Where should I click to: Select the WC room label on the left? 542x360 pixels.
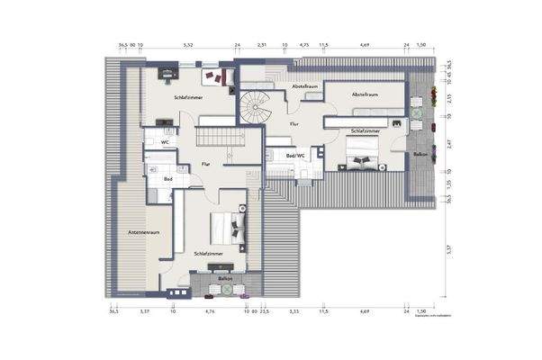(166, 142)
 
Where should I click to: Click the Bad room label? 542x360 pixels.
(168, 179)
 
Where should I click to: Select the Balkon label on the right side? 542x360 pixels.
(420, 154)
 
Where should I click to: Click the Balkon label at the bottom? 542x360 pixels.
(224, 279)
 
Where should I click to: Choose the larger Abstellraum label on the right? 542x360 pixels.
(365, 92)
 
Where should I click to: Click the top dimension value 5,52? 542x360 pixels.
(188, 43)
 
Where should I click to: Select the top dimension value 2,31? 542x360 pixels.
(261, 43)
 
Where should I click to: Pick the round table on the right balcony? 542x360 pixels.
(418, 112)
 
